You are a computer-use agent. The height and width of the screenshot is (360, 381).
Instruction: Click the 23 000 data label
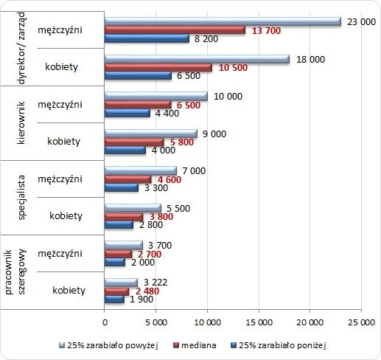coord(361,22)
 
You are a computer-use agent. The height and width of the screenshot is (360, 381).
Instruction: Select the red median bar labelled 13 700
coord(175,30)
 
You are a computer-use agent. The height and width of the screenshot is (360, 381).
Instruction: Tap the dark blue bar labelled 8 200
coord(147,38)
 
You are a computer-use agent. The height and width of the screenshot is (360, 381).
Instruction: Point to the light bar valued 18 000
coord(197,59)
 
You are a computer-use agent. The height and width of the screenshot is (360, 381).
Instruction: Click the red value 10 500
coord(233,68)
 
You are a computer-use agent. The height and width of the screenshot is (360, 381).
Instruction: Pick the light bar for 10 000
coord(155,97)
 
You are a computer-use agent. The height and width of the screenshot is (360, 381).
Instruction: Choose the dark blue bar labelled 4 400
coord(127,113)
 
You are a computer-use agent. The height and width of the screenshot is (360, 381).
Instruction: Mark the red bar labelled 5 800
coord(134,142)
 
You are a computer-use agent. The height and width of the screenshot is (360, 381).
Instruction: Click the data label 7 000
coord(194,170)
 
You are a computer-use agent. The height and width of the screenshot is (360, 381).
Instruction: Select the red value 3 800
coord(161,217)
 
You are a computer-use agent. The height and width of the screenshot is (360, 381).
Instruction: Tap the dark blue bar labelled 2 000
coord(114,262)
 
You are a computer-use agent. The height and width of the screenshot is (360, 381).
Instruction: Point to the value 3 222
coord(155,282)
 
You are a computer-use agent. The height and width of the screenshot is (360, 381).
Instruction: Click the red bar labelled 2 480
coord(116,291)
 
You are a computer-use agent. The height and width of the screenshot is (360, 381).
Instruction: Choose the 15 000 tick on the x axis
coord(259,322)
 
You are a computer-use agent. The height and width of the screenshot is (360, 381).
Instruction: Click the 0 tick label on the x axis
coord(105,322)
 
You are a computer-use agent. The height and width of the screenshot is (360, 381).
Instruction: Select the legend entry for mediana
coord(195,345)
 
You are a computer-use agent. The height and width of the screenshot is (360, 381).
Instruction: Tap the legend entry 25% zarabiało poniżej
coord(279,345)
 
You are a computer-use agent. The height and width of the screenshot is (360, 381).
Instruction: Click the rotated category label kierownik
coord(21,122)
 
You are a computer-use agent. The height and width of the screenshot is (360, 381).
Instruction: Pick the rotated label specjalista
coord(21,197)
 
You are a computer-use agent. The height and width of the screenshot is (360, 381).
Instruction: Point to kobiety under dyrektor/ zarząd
coord(61,66)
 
